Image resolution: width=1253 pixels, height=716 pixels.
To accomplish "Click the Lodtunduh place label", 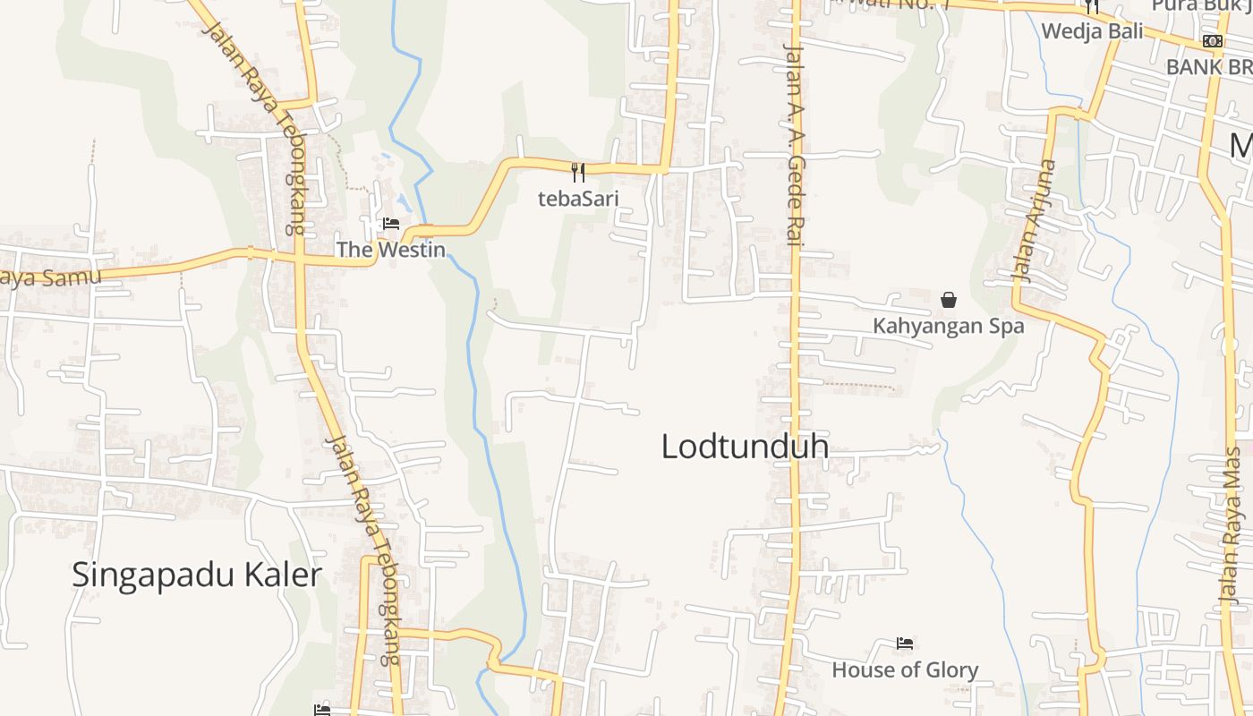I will point(745,447).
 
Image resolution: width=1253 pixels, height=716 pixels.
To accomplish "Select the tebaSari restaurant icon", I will point(578,172).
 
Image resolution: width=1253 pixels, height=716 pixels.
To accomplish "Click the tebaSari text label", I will point(578,199).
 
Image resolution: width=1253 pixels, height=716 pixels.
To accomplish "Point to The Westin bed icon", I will point(391,224).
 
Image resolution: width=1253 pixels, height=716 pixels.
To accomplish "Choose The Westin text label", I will point(390,250).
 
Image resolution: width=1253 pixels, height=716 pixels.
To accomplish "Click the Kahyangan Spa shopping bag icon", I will point(949,300).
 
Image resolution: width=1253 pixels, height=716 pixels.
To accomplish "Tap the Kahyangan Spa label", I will point(948,326).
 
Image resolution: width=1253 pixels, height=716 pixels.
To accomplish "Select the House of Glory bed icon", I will point(905,644).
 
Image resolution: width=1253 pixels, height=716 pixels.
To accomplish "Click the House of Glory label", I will point(905,669).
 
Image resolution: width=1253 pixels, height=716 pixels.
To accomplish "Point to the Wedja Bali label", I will point(1092,30).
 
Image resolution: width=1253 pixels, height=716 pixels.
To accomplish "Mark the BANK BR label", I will point(1208,67).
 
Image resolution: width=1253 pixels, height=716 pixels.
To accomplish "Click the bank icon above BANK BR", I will point(1213,41).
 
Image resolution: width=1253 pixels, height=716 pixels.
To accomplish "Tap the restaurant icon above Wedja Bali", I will point(1091,7).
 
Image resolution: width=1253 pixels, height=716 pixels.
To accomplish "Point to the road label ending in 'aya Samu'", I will point(50,277).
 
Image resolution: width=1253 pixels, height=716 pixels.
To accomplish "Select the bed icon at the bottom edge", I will point(322,711).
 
